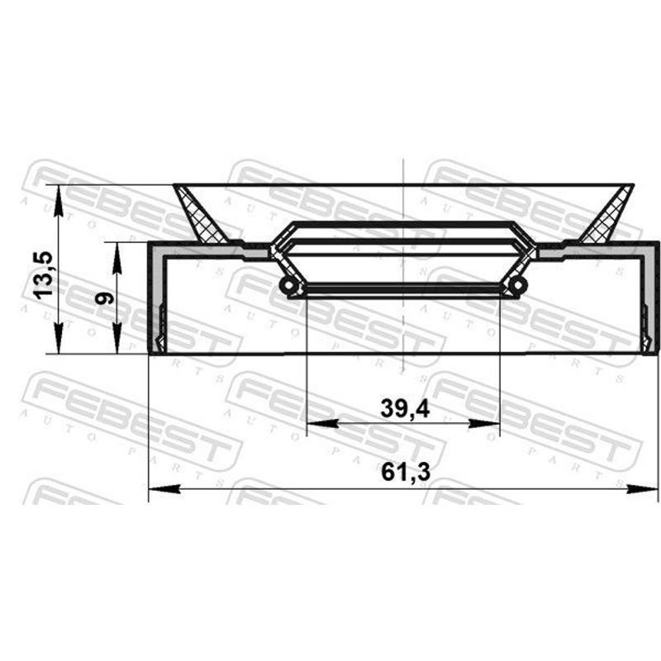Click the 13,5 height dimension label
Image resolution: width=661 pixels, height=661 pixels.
tap(44, 275)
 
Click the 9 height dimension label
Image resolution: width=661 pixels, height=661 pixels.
tap(104, 298)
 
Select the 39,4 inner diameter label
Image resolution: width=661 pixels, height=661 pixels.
tap(405, 408)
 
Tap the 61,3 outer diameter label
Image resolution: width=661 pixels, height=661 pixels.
tap(406, 472)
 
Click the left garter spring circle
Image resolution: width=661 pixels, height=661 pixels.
tap(288, 286)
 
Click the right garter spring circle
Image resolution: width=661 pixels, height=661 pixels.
tap(518, 285)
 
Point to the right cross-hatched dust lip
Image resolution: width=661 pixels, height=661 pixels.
tap(607, 216)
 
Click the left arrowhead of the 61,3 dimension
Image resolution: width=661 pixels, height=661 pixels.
tap(164, 489)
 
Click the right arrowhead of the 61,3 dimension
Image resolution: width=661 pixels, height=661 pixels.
tap(642, 489)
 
